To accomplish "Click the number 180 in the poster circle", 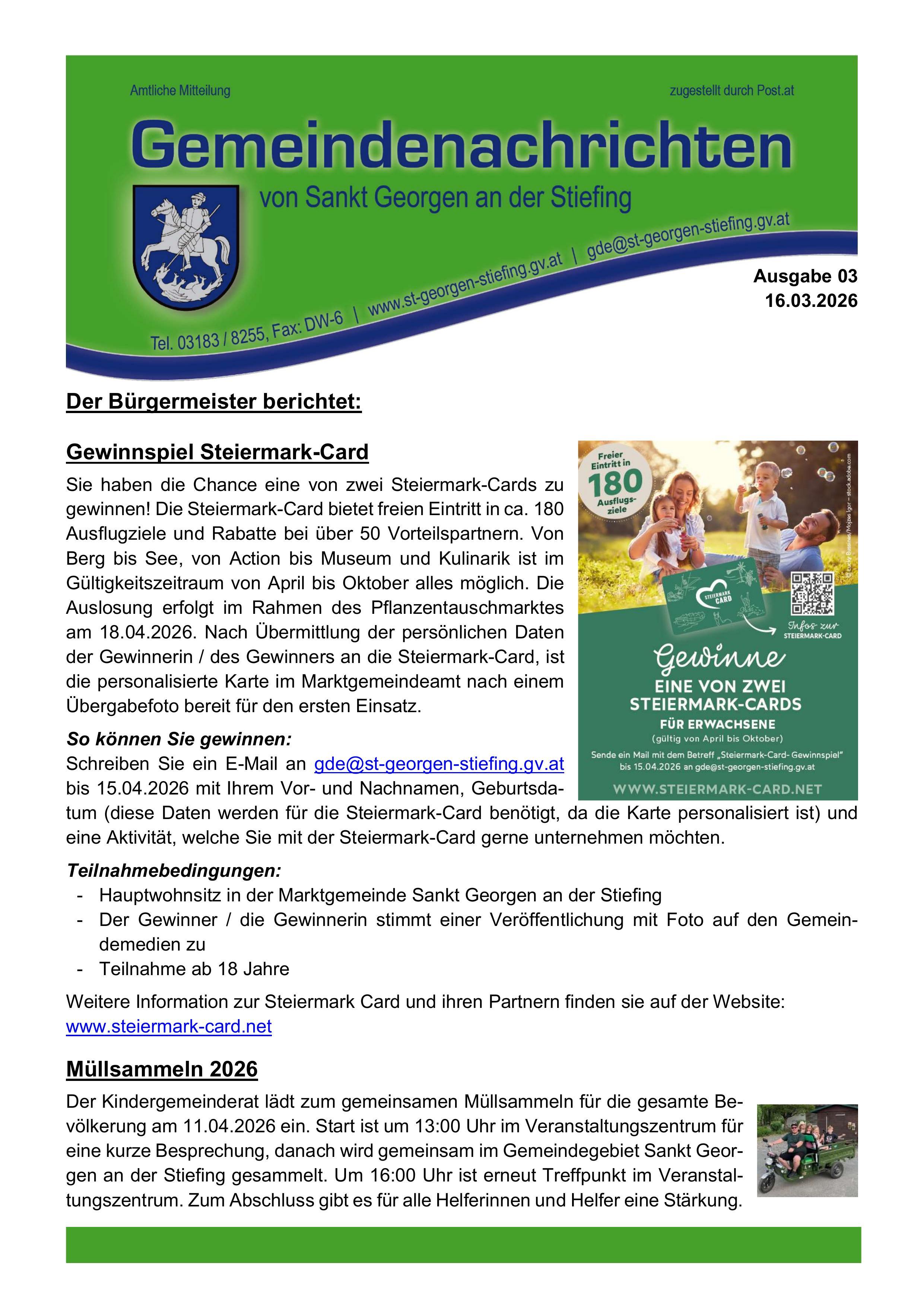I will [x=615, y=484].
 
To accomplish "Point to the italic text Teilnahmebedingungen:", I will [x=174, y=871].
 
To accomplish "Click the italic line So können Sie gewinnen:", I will [x=179, y=739].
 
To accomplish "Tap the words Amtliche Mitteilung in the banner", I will [x=180, y=91].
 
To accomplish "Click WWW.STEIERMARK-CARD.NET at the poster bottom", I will [x=717, y=789].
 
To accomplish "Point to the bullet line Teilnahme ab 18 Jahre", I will [x=194, y=969].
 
